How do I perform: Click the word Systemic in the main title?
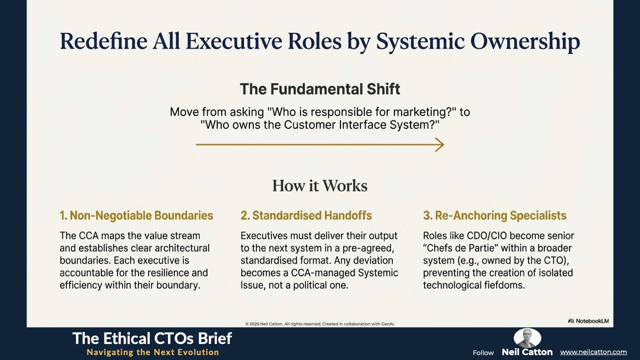tap(420, 41)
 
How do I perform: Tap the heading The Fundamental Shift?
tap(320, 89)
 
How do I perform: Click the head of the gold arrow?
tap(440, 144)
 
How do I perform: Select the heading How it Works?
tap(320, 186)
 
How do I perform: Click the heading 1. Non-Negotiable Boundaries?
tap(136, 216)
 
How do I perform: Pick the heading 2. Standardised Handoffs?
tap(306, 216)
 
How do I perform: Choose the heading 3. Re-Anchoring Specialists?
tap(495, 216)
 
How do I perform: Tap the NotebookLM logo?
tap(588, 321)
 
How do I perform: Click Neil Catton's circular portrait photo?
tap(527, 338)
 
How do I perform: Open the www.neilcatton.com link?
tap(593, 352)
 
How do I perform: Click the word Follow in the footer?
tap(483, 353)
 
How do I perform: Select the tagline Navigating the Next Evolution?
tap(153, 352)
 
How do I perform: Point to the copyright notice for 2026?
tap(320, 324)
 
